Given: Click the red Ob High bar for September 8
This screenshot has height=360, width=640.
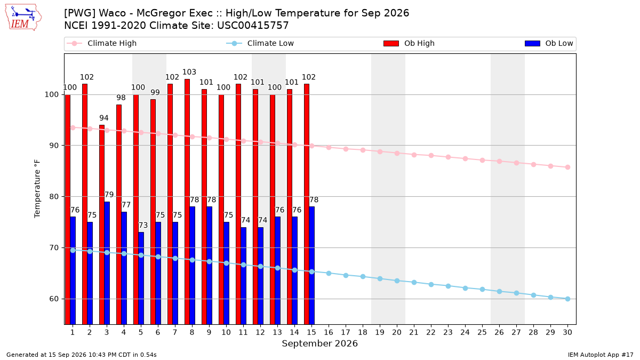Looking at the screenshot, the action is pos(187,202).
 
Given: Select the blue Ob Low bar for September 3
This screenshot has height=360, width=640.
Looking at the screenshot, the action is pos(107,263).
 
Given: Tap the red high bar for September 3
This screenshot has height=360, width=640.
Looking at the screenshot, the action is pos(102,225).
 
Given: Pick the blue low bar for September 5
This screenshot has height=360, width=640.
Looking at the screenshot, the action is pos(141,278).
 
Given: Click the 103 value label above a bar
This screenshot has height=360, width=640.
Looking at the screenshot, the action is pos(189,72).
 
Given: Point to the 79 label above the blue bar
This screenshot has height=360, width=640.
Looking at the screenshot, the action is pos(109,195).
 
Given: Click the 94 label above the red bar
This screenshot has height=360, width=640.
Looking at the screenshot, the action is pos(103,118).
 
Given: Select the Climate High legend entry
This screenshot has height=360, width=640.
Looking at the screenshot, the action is pos(102,43).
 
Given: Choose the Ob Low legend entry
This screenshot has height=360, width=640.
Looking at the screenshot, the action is pos(549,43).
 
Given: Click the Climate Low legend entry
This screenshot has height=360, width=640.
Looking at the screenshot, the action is pos(260,43).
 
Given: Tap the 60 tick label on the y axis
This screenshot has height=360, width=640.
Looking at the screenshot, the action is pos(54,299).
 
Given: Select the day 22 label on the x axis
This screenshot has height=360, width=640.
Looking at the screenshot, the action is pos(431,332).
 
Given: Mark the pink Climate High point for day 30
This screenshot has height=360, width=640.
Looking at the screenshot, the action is pos(567,167).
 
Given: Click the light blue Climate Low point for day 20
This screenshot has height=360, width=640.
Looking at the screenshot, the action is pos(397,281).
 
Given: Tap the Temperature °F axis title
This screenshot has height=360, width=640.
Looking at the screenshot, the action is pos(37,189).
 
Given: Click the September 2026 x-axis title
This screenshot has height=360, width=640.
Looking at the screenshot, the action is pos(319,343).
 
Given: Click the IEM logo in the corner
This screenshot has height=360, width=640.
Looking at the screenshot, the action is pos(23,18).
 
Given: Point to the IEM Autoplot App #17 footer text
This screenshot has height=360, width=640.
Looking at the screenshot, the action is pos(601,355).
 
